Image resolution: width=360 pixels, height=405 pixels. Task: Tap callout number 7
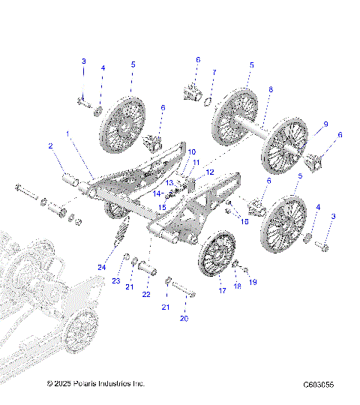[x=213, y=72]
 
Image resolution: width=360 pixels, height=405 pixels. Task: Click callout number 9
[x=325, y=124]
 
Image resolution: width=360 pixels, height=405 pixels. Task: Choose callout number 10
[x=191, y=152]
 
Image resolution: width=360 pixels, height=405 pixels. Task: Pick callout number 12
[x=210, y=172]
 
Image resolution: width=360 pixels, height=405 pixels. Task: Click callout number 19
[x=253, y=282]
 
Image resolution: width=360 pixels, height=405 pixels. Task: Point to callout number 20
[x=183, y=317]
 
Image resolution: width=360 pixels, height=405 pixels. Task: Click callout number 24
[x=100, y=267]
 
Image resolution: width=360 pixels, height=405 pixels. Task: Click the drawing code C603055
[x=318, y=385]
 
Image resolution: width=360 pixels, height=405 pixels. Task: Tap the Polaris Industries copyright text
[x=95, y=384]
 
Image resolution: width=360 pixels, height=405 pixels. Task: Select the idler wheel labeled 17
[x=217, y=255]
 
